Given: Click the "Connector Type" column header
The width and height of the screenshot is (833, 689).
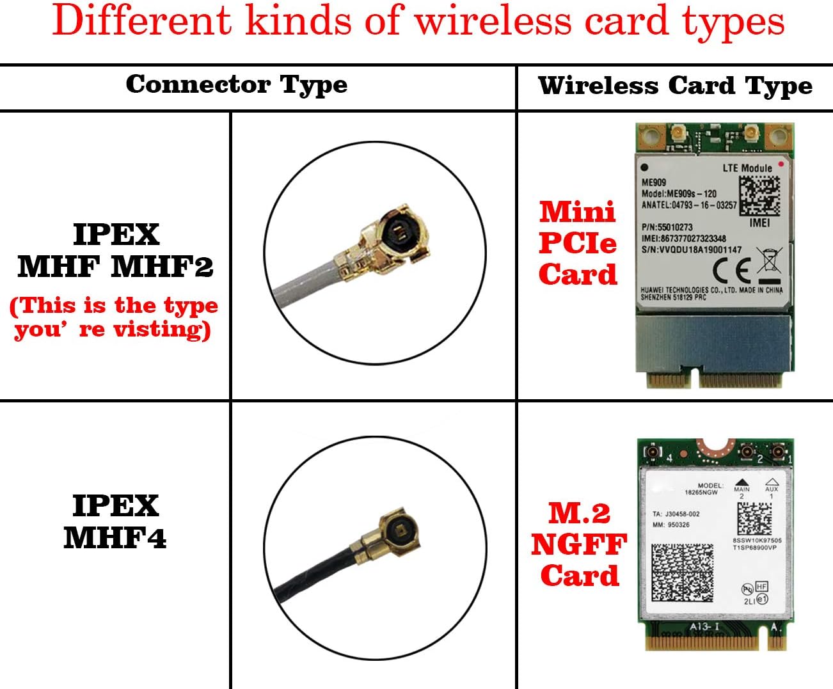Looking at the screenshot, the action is coord(236,84).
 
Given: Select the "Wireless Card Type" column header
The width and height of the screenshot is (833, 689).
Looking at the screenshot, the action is coord(675,86).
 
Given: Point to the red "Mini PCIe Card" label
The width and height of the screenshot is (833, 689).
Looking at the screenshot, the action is coord(578,243).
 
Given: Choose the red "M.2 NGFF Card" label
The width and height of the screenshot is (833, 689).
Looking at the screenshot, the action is coord(579,544).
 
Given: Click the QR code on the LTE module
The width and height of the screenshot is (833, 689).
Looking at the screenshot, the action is coord(759,196).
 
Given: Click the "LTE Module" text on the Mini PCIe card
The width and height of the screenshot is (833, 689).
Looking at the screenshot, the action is coord(747,168).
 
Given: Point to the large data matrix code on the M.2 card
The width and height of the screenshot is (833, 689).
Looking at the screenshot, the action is coord(682,572).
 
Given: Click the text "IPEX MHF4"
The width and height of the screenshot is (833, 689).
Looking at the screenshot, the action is coord(115,521).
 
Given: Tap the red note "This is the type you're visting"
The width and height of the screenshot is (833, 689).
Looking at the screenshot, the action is coord(114,317).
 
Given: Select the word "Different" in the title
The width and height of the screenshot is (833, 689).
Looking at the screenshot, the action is coord(141,22).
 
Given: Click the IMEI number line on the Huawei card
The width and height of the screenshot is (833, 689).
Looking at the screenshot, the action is coord(683,239).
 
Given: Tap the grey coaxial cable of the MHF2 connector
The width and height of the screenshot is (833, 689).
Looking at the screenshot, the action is coord(307,285).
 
